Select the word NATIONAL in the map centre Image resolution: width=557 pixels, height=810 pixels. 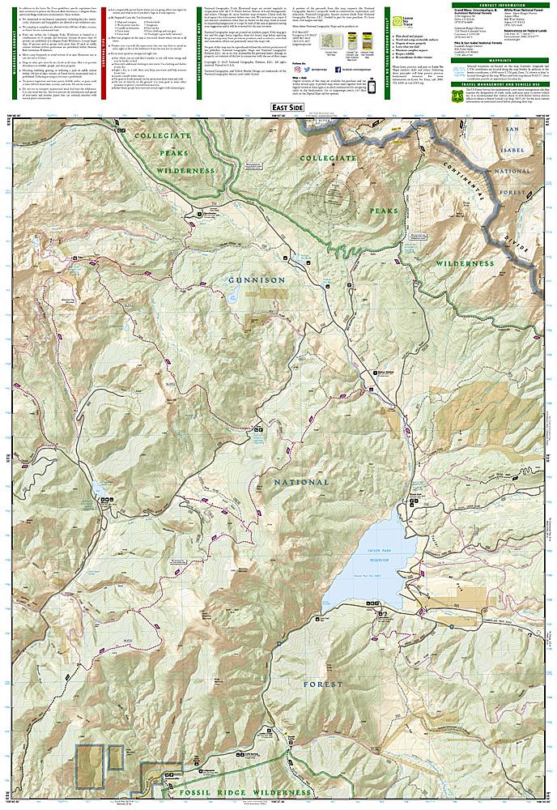(x=301, y=482)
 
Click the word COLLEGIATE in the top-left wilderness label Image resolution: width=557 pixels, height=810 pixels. (x=168, y=135)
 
